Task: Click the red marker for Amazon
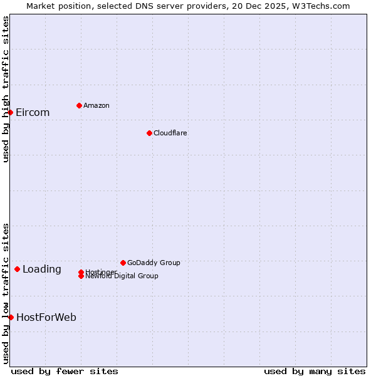pos(79,105)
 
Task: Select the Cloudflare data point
pos(149,133)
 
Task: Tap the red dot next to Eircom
pos(11,112)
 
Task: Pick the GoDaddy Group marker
pos(123,263)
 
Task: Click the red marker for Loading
pos(17,269)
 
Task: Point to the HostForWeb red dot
pos(11,317)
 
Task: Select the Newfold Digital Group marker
pos(81,276)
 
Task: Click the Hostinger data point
pos(81,272)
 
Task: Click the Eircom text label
pos(33,113)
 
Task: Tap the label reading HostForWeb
pos(46,318)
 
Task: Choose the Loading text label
pos(42,269)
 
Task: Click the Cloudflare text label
pos(170,133)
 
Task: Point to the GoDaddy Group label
pos(154,263)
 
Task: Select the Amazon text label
pos(97,106)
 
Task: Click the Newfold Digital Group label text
pos(122,276)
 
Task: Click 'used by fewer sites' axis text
pos(65,372)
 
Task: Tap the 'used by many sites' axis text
pos(315,372)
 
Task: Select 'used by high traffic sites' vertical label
pos(6,89)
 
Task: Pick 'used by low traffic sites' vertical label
pos(6,293)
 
